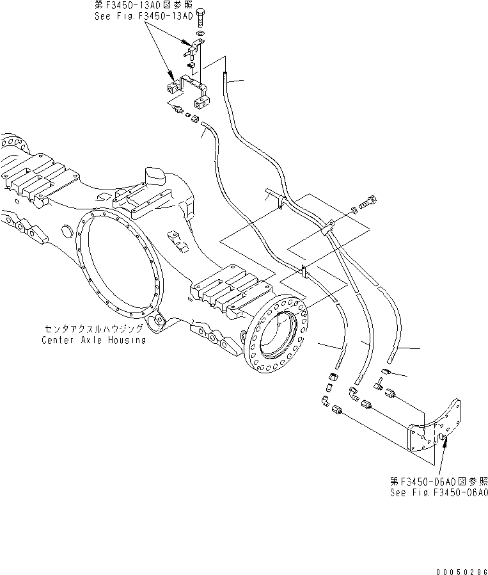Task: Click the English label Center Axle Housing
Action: click(93, 340)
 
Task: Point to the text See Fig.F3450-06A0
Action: click(439, 492)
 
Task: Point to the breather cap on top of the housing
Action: click(155, 175)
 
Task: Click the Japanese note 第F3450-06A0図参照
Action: click(439, 481)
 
